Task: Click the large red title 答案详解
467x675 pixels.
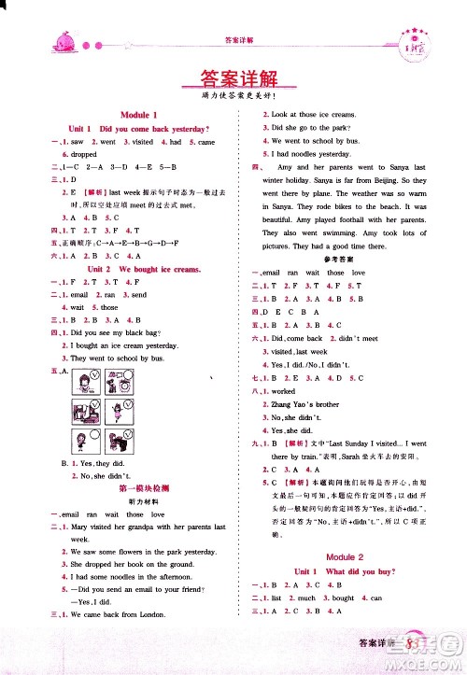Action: point(233,78)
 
